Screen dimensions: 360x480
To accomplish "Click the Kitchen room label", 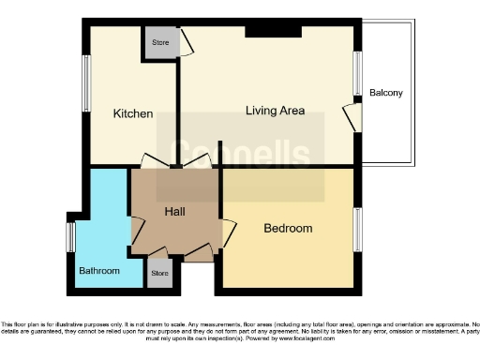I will click(133, 113).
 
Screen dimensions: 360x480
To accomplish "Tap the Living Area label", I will click(275, 111).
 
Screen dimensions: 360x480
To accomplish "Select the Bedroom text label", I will click(288, 228).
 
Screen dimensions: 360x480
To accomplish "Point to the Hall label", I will click(175, 212).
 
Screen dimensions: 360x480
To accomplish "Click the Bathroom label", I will click(98, 271).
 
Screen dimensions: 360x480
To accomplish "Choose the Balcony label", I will click(386, 93).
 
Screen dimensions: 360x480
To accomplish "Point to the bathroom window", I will click(69, 236).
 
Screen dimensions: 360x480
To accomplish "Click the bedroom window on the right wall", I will click(357, 231).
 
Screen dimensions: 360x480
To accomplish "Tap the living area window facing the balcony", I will click(357, 73).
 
